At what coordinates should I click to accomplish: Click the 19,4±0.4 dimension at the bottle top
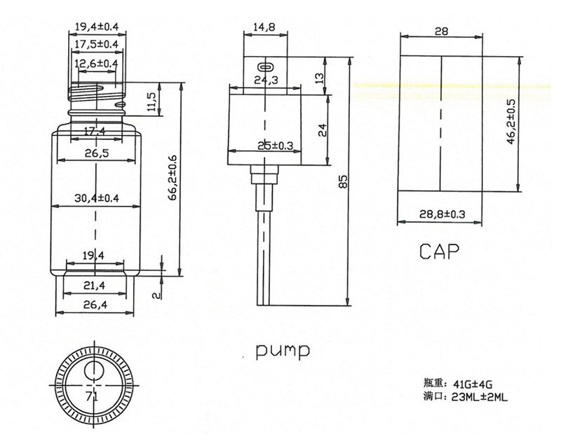pos(96,27)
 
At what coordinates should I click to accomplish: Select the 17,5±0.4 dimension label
pos(96,45)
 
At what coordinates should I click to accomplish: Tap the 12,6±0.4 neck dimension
pos(96,64)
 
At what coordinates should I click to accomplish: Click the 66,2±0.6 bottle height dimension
pos(173,178)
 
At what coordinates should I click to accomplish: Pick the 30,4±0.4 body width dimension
pos(96,199)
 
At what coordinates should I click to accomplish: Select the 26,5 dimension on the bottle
pos(96,154)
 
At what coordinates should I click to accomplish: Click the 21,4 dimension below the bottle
pos(96,286)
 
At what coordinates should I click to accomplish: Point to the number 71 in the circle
pos(91,395)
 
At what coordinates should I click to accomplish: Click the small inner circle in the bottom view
pos(93,370)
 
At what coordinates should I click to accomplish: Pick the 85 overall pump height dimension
pos(343,181)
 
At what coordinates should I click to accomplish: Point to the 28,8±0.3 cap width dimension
pos(441,213)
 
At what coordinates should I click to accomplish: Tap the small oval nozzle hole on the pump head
pos(265,66)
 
